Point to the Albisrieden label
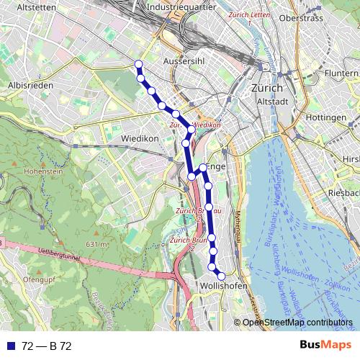(x=29, y=84)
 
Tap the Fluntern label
(x=341, y=73)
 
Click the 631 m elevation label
(x=96, y=244)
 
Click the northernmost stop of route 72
(x=138, y=66)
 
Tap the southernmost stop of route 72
(x=221, y=276)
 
